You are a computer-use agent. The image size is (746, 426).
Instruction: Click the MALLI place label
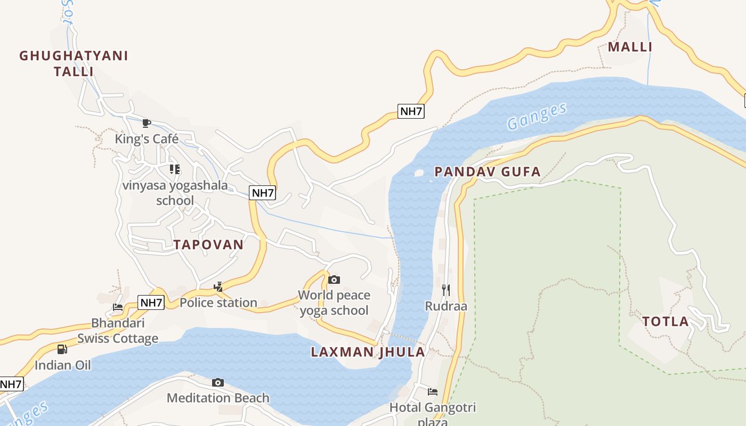[x=630, y=47]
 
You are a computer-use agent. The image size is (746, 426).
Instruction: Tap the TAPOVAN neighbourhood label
[x=208, y=244]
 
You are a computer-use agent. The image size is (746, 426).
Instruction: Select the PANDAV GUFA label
[x=488, y=171]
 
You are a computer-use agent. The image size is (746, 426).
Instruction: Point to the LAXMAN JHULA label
[x=368, y=351]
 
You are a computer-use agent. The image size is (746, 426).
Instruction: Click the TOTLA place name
[x=666, y=322]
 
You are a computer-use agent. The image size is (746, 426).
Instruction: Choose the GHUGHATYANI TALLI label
[x=74, y=63]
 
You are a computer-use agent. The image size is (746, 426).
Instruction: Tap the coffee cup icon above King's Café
[x=147, y=124]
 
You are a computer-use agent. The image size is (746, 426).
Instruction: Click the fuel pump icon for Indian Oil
[x=62, y=349]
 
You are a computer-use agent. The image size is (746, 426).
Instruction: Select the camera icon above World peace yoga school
[x=334, y=280]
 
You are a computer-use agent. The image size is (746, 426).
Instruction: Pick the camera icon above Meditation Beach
[x=217, y=382]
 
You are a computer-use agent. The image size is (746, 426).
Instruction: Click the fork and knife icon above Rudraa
[x=446, y=290]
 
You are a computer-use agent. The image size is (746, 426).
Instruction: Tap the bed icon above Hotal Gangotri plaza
[x=433, y=392]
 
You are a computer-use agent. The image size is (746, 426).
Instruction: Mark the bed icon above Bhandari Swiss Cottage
[x=118, y=307]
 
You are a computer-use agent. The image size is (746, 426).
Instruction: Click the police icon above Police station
[x=218, y=287]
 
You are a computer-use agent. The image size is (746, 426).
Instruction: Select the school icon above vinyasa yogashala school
[x=174, y=169]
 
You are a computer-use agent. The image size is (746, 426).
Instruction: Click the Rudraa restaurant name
[x=446, y=306]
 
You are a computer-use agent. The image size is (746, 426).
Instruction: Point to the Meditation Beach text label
[x=218, y=398]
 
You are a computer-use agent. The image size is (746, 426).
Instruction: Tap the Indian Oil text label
[x=63, y=365]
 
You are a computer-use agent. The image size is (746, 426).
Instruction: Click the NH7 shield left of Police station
[x=151, y=303]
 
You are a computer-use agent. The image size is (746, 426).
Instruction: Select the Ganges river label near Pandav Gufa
[x=537, y=116]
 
